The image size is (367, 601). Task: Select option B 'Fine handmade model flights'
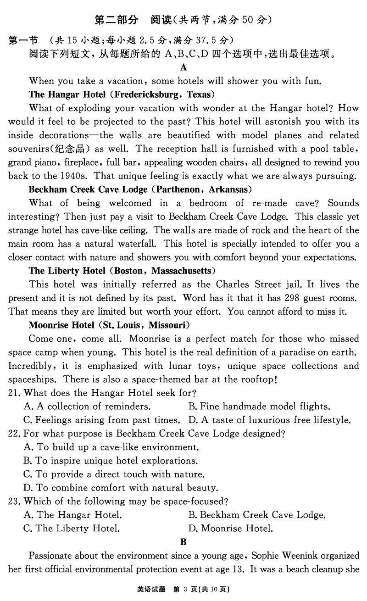click(259, 406)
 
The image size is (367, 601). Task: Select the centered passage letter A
click(183, 68)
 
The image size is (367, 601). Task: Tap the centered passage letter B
click(183, 542)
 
